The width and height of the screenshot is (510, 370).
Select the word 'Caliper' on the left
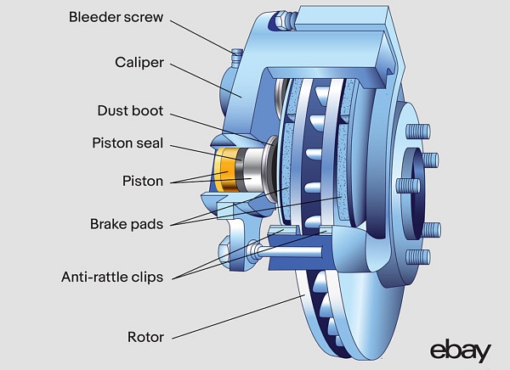click(139, 62)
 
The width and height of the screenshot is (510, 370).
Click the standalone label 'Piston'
click(142, 180)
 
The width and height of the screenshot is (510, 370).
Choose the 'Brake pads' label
click(127, 224)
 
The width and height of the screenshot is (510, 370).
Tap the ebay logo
click(460, 350)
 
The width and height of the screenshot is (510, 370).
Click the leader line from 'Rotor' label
click(238, 317)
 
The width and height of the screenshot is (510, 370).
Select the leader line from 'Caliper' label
click(204, 80)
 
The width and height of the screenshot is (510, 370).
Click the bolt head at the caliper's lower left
click(254, 250)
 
